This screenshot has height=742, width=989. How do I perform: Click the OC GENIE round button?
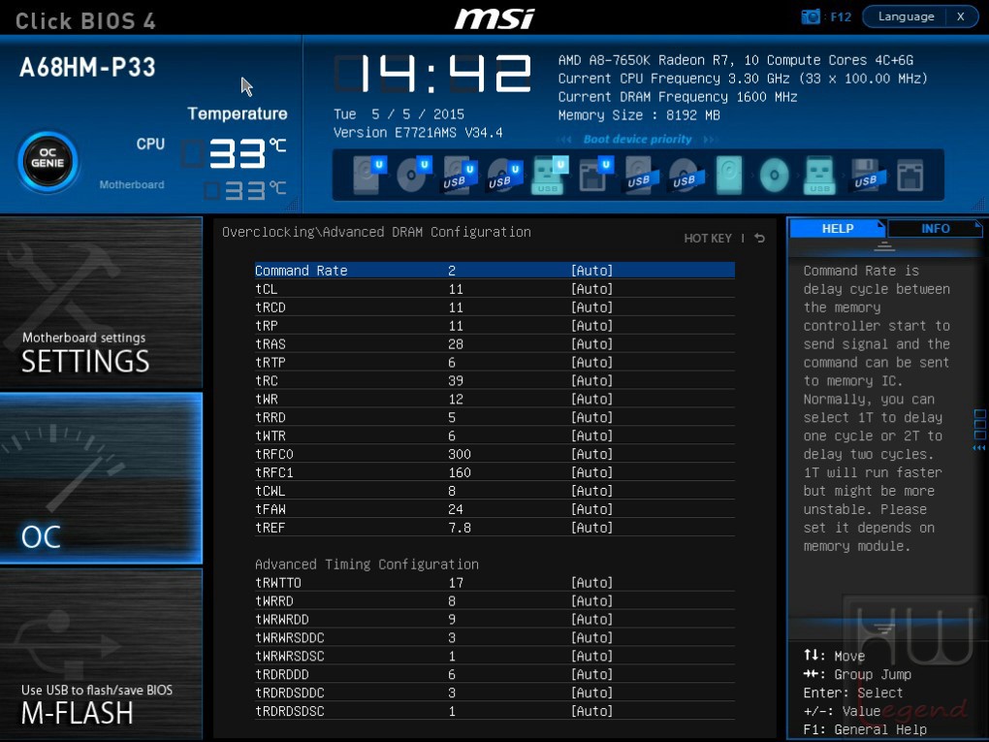pos(48,162)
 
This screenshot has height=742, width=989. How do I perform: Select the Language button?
pos(906,16)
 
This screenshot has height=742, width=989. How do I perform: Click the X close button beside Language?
pos(961,16)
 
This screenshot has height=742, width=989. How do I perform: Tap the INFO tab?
pos(935,228)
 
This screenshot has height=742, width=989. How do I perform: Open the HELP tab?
pos(838,228)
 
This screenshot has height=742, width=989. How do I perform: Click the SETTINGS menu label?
pos(85,362)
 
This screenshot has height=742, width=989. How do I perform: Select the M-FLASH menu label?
pos(77,713)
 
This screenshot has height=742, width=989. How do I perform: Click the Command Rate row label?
pos(301,271)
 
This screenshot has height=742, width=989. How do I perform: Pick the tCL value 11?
pos(456,289)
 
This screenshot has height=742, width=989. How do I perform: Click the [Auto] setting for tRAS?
pos(591,344)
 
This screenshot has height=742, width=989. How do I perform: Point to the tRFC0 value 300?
pos(460,454)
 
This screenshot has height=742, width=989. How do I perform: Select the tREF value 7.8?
pos(460,528)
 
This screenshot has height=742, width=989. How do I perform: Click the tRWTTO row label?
pos(278,582)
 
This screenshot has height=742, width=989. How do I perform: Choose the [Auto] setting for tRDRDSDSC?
pos(591,711)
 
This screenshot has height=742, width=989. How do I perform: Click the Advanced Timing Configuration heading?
pos(367,565)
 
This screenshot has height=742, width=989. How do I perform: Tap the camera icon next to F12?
pos(811,16)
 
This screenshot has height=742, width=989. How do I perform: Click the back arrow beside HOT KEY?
pos(759,238)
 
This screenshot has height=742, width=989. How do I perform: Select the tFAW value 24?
pos(456,509)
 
